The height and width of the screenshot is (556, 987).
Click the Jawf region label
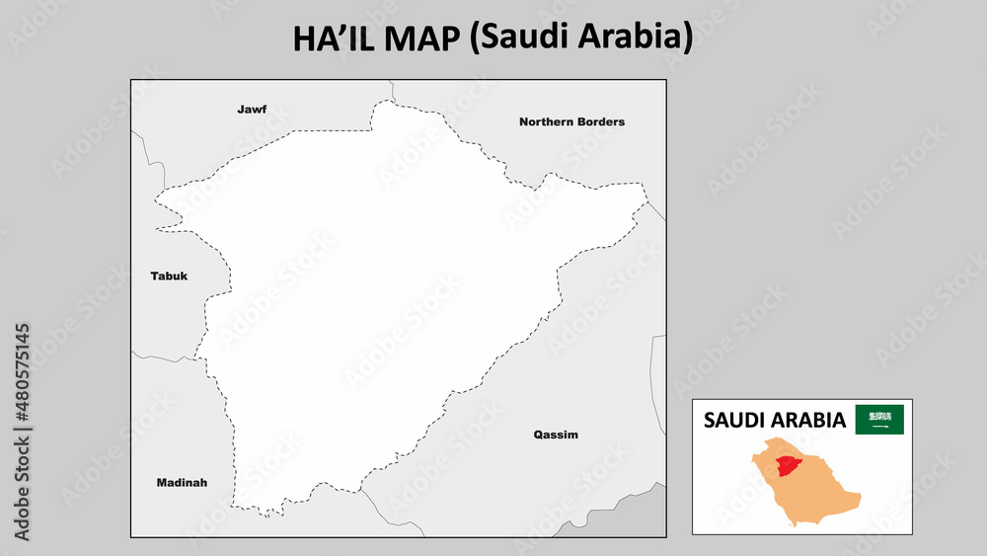coord(252,110)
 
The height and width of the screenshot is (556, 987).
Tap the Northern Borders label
coord(571,122)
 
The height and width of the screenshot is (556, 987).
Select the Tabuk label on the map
coord(169,277)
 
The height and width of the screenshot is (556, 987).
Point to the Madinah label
coord(182,483)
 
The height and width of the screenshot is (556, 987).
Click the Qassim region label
coord(556,435)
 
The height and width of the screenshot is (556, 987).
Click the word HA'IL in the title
coord(333,39)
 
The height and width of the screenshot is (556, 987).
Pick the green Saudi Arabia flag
coord(879,420)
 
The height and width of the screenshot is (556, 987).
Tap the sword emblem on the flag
coord(879,428)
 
